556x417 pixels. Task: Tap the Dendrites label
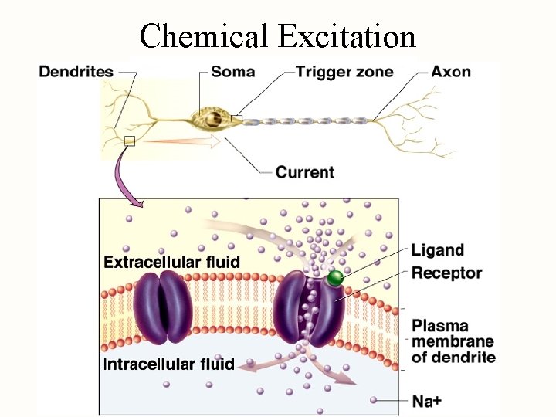click(76, 72)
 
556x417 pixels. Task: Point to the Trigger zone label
click(344, 72)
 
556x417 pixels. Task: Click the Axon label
click(451, 72)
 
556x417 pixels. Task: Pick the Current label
click(305, 171)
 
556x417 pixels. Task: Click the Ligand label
click(437, 250)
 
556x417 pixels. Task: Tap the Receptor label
click(446, 273)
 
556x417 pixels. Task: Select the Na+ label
click(426, 401)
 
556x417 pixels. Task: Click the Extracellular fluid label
click(171, 262)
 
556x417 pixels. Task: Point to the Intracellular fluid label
click(169, 364)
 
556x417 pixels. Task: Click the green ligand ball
click(334, 278)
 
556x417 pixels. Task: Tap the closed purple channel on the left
click(161, 307)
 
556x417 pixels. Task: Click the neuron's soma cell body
click(208, 119)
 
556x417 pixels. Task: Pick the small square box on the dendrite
click(129, 141)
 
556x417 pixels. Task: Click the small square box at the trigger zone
click(236, 119)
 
